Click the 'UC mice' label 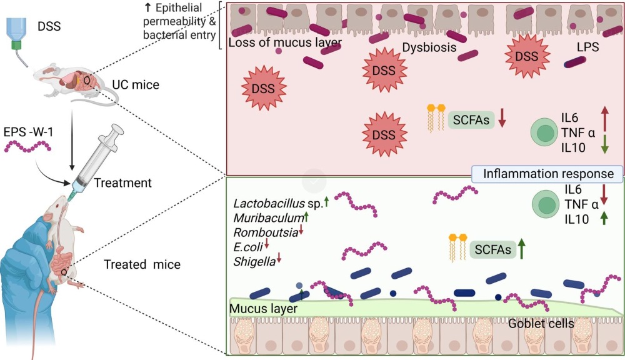tap(136, 84)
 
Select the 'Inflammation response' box tap(547, 174)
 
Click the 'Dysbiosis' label tap(429, 47)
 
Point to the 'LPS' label tap(588, 47)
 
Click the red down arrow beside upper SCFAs tap(502, 117)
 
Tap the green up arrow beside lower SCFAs tap(521, 248)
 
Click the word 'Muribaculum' tap(269, 217)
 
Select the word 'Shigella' tap(254, 261)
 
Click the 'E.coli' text tap(248, 247)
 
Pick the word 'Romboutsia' tap(266, 232)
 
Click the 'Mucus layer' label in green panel tap(264, 309)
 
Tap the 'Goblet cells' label tap(541, 323)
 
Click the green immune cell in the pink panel tap(544, 132)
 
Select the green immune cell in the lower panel tap(545, 204)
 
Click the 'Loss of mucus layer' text tap(285, 42)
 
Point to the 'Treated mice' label tap(142, 264)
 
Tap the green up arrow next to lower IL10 tap(604, 217)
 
